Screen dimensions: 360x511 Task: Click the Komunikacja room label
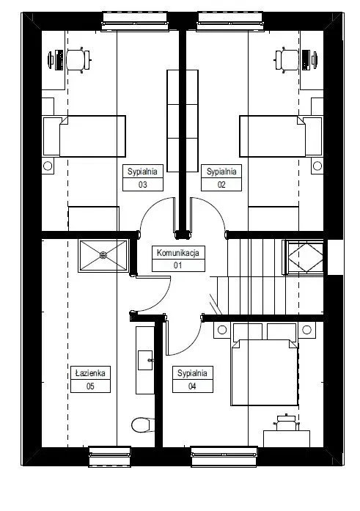(x=178, y=253)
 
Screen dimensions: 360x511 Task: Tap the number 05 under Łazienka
(x=90, y=386)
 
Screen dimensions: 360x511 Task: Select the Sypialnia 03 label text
(x=142, y=172)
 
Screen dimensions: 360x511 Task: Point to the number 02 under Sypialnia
(x=221, y=185)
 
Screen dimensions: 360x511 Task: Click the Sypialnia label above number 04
(x=192, y=373)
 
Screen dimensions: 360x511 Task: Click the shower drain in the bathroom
(x=103, y=255)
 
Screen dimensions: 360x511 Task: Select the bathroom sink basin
(x=145, y=360)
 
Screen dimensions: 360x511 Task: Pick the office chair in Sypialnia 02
(x=287, y=59)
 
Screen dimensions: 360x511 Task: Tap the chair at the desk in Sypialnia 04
(x=287, y=422)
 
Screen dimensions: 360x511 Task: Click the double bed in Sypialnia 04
(x=264, y=364)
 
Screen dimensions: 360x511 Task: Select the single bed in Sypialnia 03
(x=84, y=136)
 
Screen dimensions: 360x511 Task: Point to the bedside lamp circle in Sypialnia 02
(x=317, y=166)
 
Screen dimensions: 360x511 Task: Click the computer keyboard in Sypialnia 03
(x=59, y=60)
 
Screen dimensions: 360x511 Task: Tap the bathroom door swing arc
(x=161, y=301)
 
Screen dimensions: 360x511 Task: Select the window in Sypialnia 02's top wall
(x=230, y=21)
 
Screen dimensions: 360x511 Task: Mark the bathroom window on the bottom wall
(x=110, y=456)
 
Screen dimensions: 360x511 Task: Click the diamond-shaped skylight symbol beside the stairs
(x=306, y=257)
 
